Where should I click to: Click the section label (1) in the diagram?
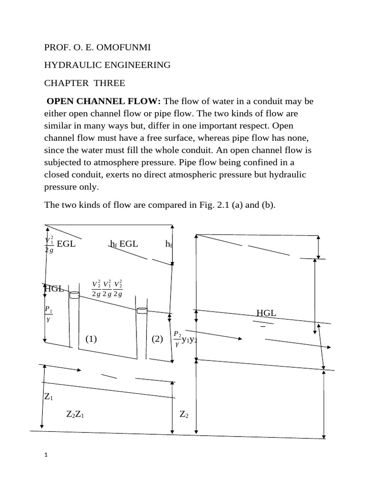tap(91, 339)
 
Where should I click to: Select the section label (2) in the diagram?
tap(157, 339)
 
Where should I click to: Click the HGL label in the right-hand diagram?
tap(266, 313)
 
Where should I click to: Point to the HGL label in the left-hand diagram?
tap(54, 288)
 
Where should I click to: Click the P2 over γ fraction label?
tap(177, 339)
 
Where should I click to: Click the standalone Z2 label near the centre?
tap(184, 414)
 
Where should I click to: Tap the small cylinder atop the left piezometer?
tap(74, 295)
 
